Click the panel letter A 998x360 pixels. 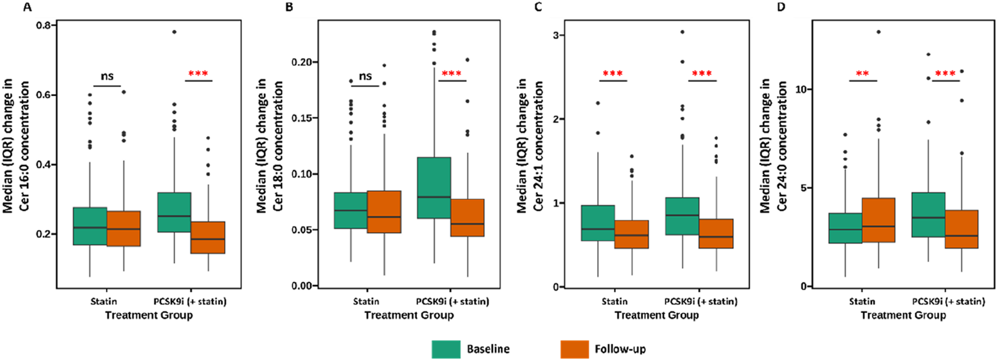pyautogui.click(x=27, y=7)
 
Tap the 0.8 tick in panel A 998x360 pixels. pyautogui.click(x=43, y=25)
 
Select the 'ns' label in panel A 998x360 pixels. pyautogui.click(x=106, y=76)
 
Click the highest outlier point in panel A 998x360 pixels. pyautogui.click(x=175, y=32)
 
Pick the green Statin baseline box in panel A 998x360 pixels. pyautogui.click(x=90, y=226)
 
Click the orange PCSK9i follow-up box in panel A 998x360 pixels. pyautogui.click(x=208, y=237)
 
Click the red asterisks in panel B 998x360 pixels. pyautogui.click(x=452, y=74)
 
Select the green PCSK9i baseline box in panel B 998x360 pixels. pyautogui.click(x=434, y=188)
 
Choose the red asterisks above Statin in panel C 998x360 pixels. pyautogui.click(x=613, y=74)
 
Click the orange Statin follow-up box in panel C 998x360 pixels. pyautogui.click(x=631, y=234)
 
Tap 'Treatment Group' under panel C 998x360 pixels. pyautogui.click(x=656, y=315)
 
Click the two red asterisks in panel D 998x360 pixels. pyautogui.click(x=862, y=74)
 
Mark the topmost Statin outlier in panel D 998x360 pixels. pyautogui.click(x=879, y=32)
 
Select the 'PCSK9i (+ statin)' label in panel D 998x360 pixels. pyautogui.click(x=948, y=301)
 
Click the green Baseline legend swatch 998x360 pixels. pyautogui.click(x=446, y=349)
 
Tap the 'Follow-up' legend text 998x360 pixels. pyautogui.click(x=620, y=349)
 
